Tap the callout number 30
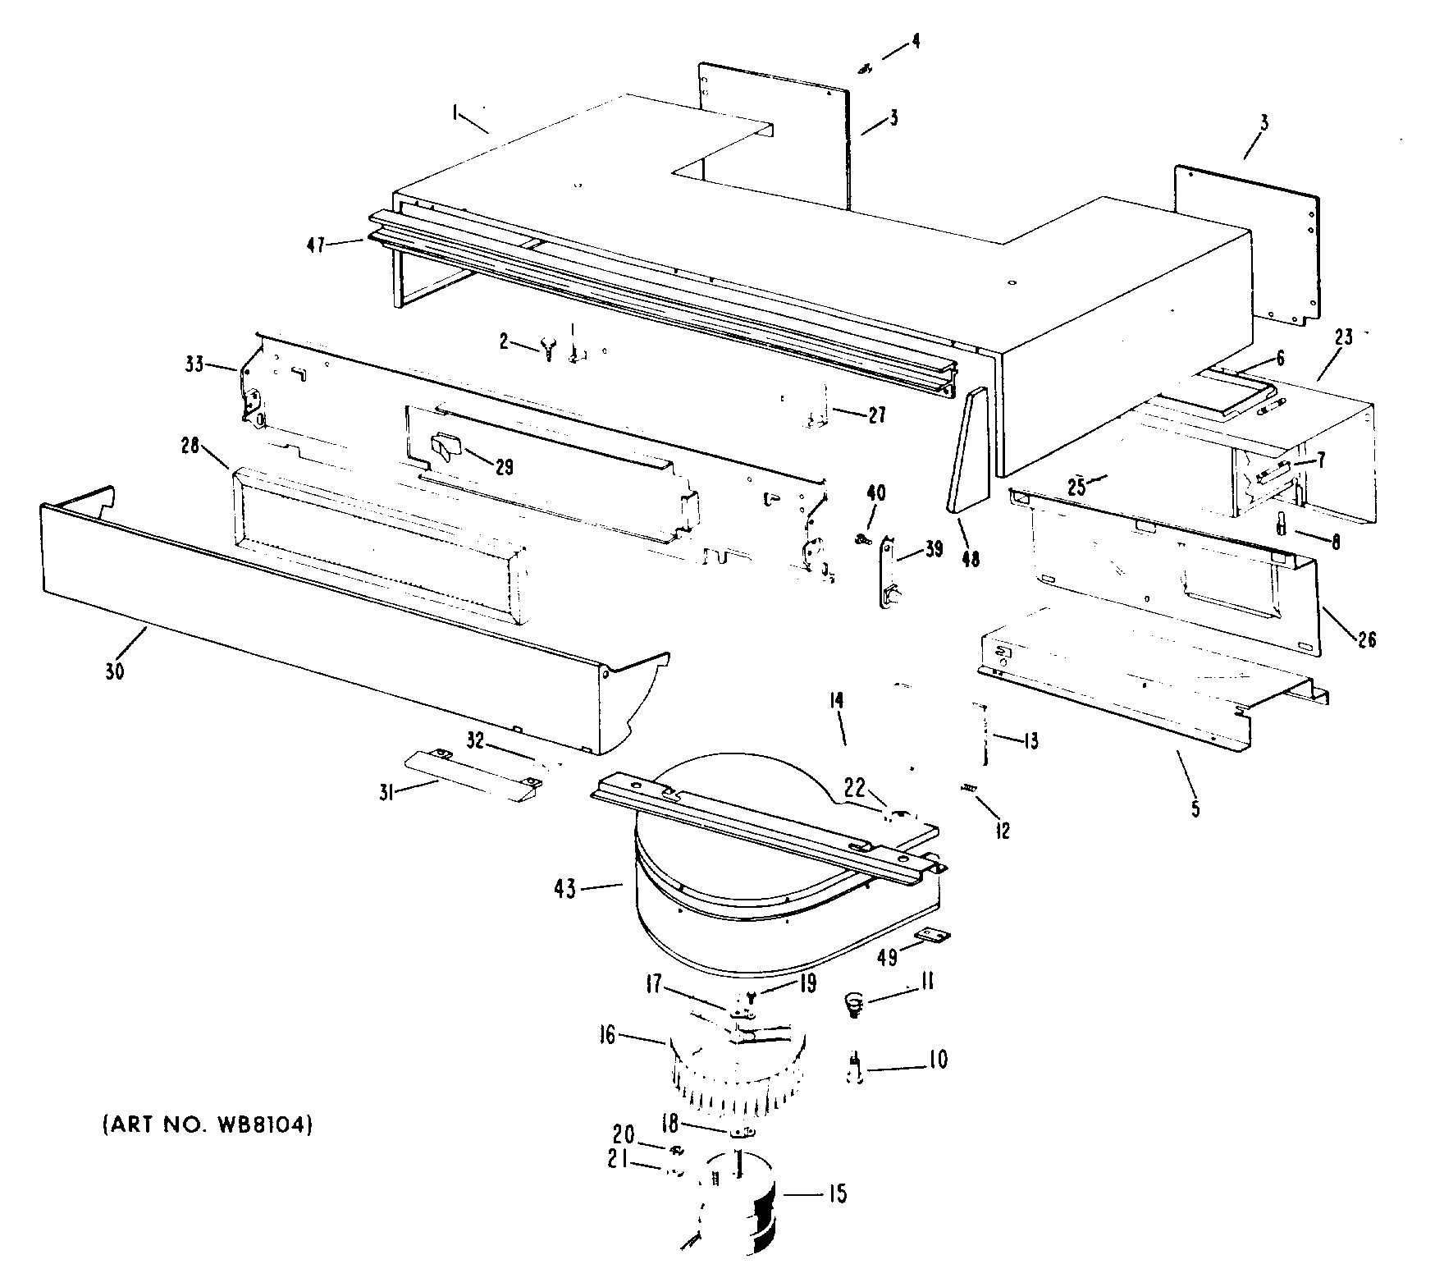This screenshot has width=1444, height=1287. pyautogui.click(x=114, y=671)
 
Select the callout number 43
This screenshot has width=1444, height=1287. pyautogui.click(x=567, y=888)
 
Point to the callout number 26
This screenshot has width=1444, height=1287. pyautogui.click(x=1366, y=639)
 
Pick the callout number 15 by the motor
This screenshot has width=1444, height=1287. pyautogui.click(x=838, y=1193)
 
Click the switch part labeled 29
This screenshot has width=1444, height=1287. pyautogui.click(x=446, y=447)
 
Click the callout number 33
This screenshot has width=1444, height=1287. pyautogui.click(x=194, y=365)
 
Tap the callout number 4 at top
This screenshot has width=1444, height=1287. pyautogui.click(x=916, y=42)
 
